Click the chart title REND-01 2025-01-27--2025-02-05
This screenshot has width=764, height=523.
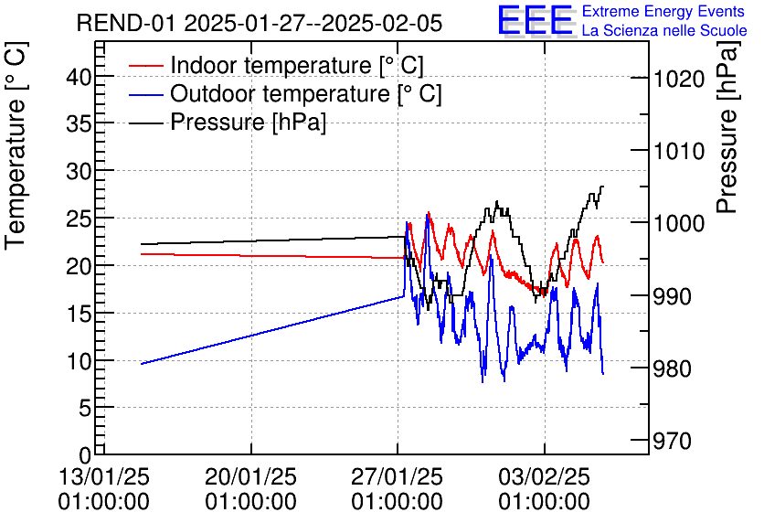pos(260,23)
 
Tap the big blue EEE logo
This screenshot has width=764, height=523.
pos(536,20)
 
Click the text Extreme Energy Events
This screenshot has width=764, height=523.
pos(663,11)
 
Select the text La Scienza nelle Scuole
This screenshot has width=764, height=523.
pos(663,30)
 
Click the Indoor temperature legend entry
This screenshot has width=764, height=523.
pos(296,66)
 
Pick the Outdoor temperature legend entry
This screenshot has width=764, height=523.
pos(305,94)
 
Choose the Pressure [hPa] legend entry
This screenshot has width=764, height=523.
pos(248,123)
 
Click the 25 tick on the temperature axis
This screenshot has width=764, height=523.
pos(80,219)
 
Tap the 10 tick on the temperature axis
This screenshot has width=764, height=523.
pos(80,360)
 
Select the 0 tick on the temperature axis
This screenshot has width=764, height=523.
pos(85,454)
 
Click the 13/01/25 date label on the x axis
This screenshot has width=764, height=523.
pos(103,477)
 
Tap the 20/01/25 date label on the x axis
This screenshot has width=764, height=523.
pos(250,477)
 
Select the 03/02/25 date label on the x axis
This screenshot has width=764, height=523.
pos(545,477)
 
